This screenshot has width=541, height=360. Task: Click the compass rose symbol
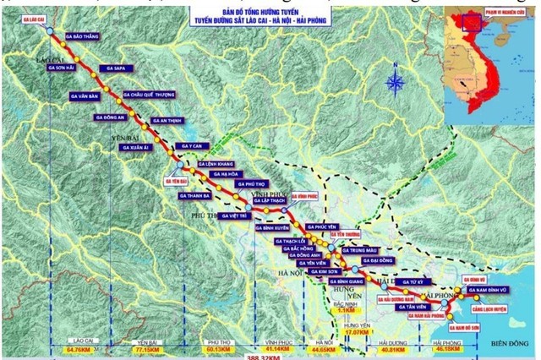(x=396, y=81)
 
